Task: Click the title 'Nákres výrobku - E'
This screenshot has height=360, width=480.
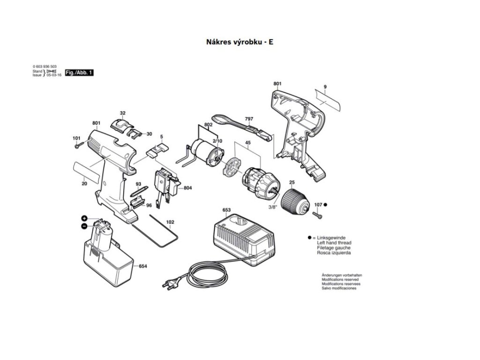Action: tap(240, 42)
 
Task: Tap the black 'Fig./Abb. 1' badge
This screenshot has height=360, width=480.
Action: tap(79, 73)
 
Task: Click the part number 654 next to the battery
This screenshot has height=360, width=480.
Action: tap(142, 266)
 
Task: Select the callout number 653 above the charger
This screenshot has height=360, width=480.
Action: tap(226, 210)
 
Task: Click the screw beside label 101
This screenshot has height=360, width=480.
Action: tap(79, 145)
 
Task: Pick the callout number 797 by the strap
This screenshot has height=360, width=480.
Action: tap(248, 119)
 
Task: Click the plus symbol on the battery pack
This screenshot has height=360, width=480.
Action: tap(84, 218)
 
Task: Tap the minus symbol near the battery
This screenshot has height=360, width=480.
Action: tap(84, 226)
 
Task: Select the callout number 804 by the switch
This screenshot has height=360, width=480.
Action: tap(187, 188)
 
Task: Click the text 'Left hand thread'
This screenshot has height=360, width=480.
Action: tap(334, 243)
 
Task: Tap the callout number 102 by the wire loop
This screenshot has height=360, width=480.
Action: tap(170, 222)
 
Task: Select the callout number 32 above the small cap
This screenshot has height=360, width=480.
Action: tap(122, 113)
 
